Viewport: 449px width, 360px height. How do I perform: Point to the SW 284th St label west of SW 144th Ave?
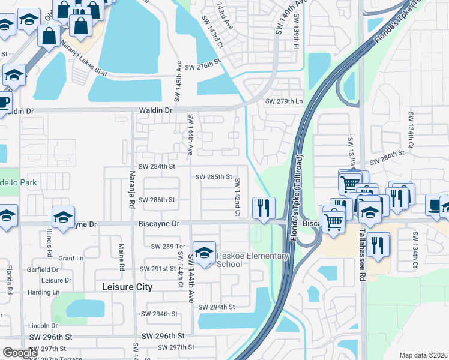coord(157,166)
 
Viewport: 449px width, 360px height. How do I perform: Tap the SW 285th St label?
coord(214,176)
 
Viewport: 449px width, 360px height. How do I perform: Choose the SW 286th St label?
coord(157,199)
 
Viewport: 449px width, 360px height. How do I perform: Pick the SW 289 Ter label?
coord(170,246)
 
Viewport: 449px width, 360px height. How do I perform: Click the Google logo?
coord(20,352)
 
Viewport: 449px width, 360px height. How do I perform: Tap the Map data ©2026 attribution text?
coord(423,355)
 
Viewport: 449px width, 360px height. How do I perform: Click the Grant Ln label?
coord(71,258)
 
